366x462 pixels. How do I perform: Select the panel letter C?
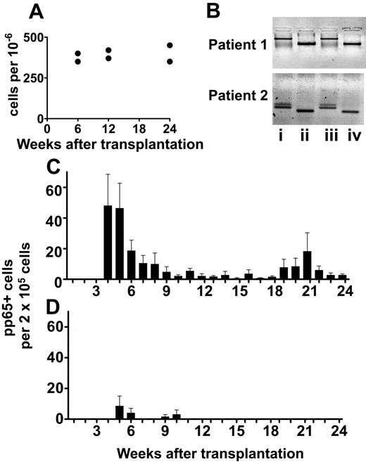(53, 167)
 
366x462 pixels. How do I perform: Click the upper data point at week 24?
(170, 46)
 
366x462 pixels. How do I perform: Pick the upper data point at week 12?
(108, 51)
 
